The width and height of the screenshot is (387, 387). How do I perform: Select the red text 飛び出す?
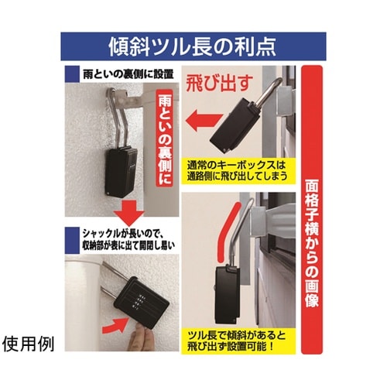tap(220, 80)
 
